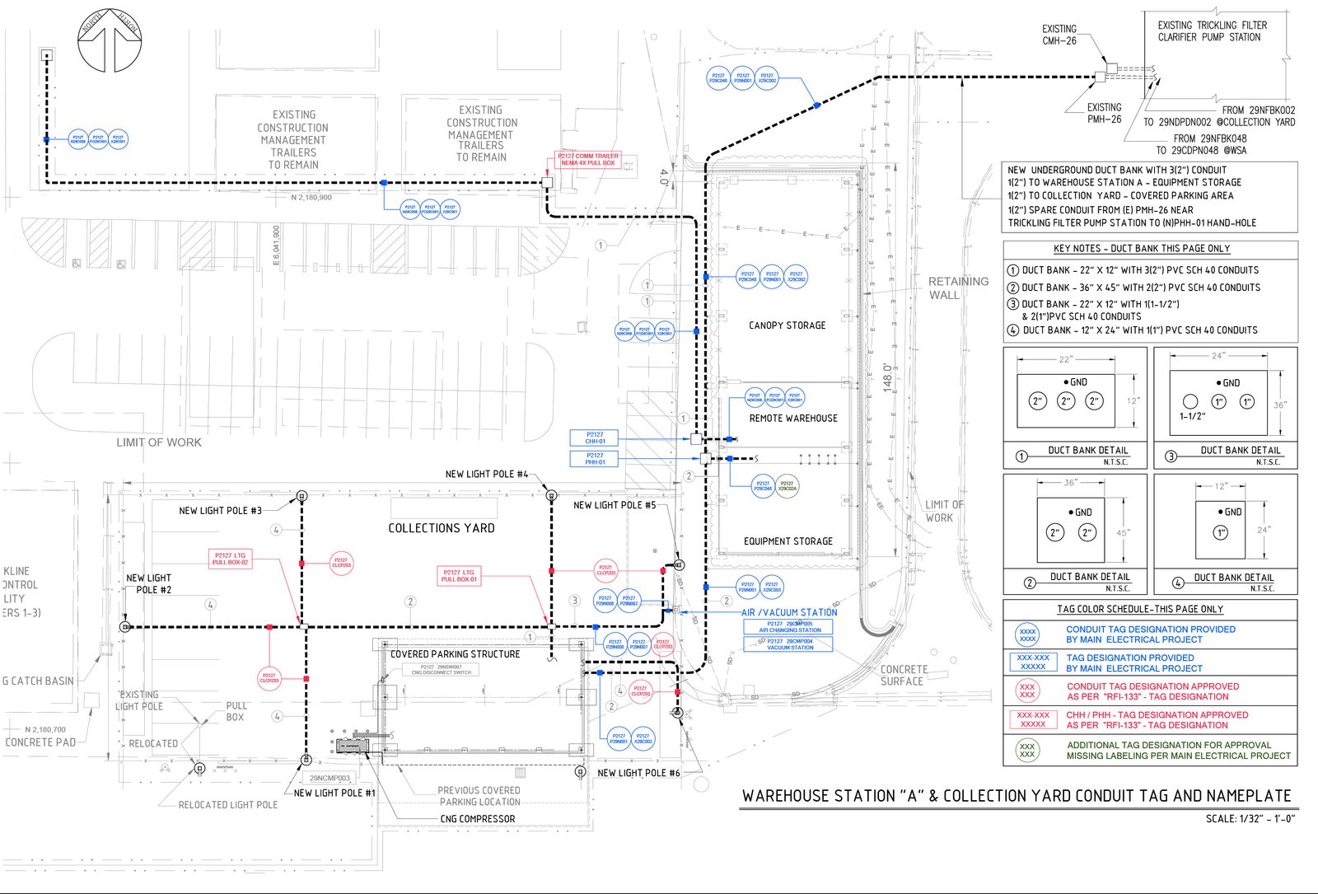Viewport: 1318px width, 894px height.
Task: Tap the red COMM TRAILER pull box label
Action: (587, 159)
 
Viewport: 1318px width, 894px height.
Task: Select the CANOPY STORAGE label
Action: (787, 325)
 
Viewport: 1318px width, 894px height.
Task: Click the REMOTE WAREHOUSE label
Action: (792, 418)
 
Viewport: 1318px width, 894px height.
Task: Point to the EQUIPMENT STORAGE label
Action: (788, 541)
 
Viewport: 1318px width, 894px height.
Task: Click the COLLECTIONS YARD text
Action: (442, 528)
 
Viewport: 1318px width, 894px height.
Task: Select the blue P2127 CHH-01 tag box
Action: (595, 438)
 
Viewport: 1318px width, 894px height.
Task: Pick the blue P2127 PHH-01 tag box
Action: (595, 459)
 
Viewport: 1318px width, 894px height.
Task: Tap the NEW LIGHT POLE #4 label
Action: (487, 474)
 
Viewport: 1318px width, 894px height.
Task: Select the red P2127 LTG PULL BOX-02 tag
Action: (230, 559)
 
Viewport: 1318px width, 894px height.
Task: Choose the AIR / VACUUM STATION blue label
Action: (789, 612)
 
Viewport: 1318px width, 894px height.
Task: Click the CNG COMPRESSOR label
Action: (477, 819)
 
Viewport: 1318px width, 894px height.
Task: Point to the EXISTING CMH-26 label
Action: (1059, 35)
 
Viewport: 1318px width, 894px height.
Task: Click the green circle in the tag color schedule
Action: (1026, 750)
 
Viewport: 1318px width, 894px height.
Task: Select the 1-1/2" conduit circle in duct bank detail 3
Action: (1189, 401)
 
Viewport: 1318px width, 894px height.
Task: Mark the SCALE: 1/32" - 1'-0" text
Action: (1250, 818)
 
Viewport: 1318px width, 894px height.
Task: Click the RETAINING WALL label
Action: (958, 288)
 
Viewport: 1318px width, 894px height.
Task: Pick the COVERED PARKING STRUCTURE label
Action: (455, 654)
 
